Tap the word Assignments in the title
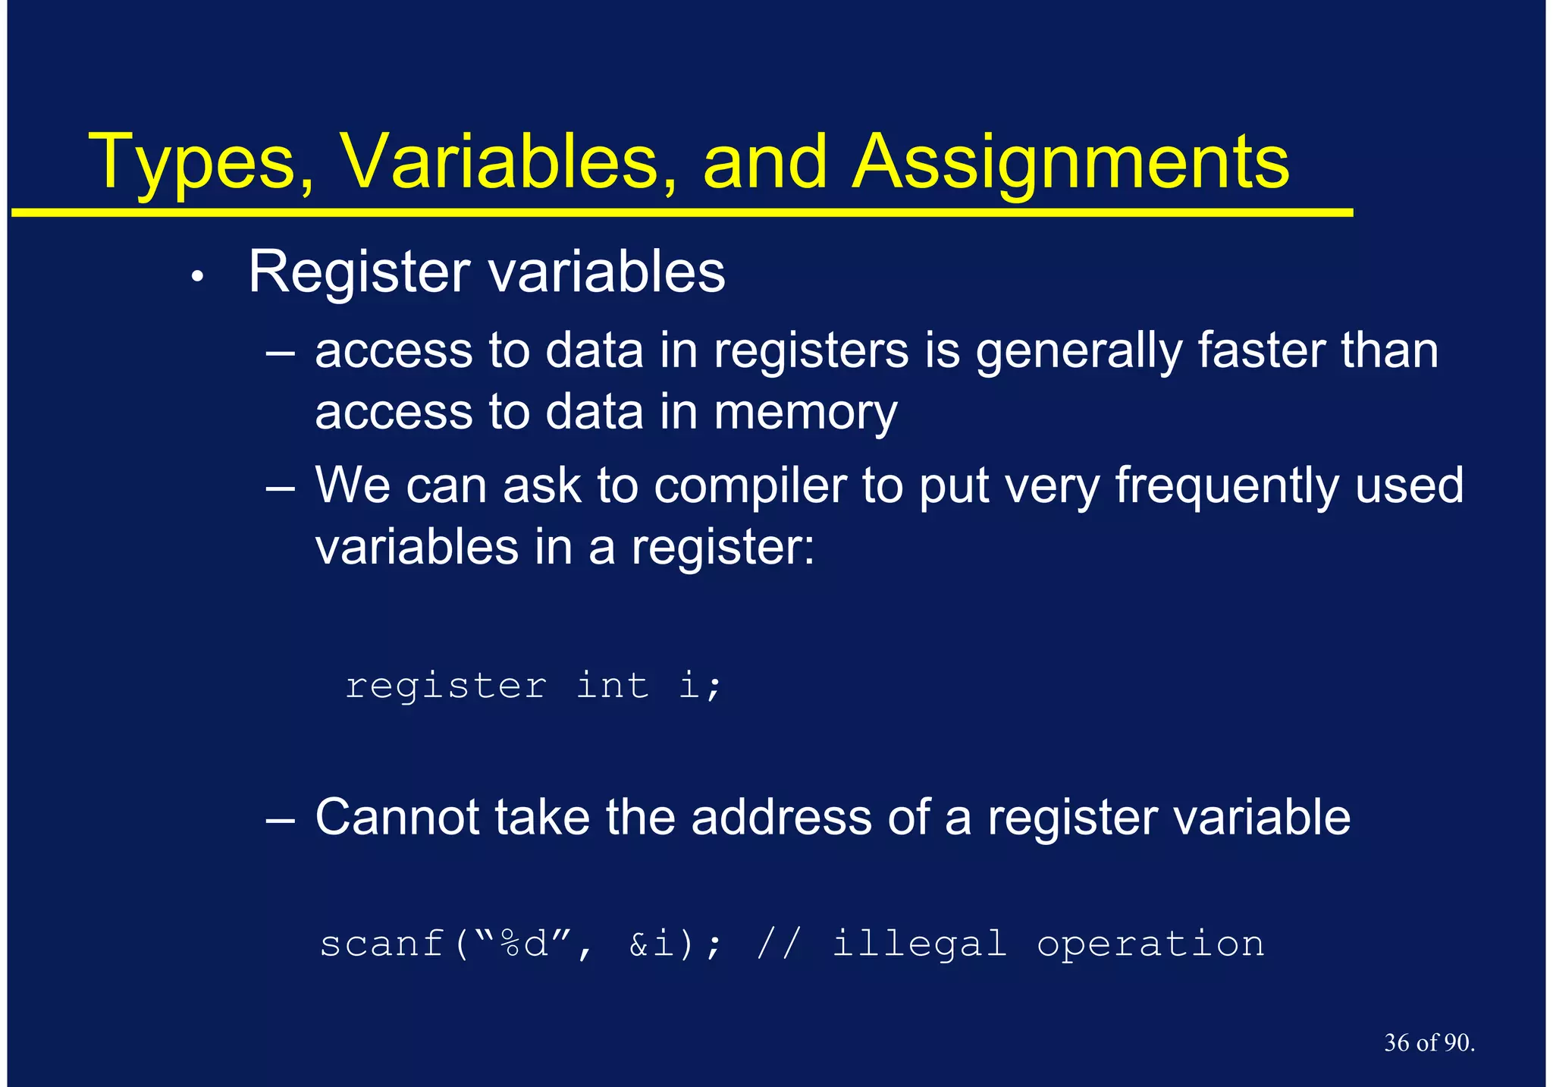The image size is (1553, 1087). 1070,163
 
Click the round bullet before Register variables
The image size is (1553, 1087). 197,278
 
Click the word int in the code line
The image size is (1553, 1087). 612,686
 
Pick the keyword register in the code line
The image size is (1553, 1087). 445,687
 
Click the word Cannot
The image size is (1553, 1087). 397,818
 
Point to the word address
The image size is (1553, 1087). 781,818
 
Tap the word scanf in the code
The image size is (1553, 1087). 381,944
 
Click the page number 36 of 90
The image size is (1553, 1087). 1429,1043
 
